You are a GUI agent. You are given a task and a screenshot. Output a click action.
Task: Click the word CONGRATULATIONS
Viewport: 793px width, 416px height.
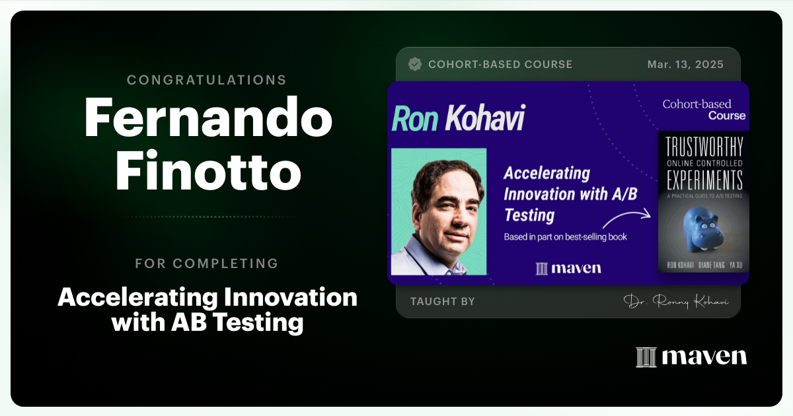206,81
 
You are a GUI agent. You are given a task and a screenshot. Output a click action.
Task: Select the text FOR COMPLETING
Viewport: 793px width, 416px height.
206,263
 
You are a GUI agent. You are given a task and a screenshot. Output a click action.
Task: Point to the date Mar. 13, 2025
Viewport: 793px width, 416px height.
685,65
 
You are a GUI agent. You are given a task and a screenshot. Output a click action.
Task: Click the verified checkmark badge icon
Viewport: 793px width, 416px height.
415,64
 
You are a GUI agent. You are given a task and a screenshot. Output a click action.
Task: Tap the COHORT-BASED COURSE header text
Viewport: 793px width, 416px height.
500,65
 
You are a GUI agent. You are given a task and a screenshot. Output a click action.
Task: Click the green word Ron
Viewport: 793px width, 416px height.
415,118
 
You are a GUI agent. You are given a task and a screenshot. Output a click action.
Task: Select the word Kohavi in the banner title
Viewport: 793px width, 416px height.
484,118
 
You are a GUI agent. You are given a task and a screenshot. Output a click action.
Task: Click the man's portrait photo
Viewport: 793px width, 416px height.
439,211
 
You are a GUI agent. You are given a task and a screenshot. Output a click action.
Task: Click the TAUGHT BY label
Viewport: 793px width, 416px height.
442,302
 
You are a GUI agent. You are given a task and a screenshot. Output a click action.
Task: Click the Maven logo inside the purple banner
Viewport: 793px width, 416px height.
568,268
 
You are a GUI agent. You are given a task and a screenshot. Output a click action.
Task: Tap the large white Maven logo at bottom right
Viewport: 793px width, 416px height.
691,357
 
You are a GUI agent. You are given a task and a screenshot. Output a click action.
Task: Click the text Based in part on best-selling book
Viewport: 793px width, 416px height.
565,236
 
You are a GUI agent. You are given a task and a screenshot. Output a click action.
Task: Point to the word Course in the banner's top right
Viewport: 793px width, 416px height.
727,116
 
